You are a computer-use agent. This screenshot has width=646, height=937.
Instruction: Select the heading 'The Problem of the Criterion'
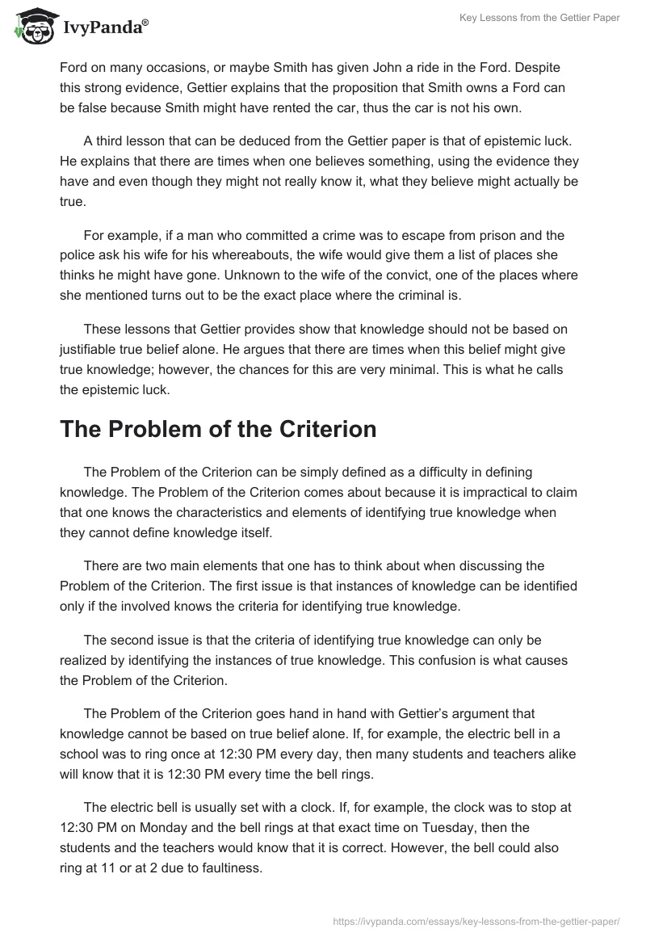coord(218,429)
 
